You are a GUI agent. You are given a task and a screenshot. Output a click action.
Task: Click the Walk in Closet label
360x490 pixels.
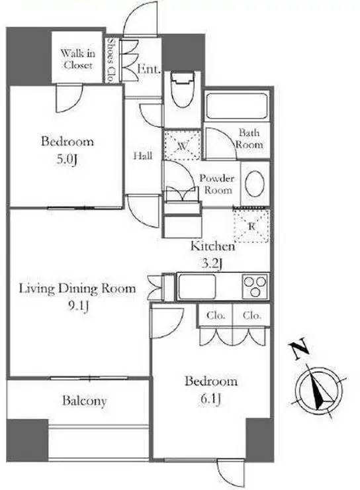click(x=77, y=59)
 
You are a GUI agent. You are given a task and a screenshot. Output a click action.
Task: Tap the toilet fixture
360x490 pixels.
click(x=182, y=89)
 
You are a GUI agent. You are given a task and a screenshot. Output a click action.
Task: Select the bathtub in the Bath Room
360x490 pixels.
click(x=237, y=106)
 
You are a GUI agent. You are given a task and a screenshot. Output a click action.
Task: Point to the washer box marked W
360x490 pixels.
click(x=183, y=145)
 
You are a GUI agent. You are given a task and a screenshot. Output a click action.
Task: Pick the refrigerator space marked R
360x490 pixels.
click(x=251, y=226)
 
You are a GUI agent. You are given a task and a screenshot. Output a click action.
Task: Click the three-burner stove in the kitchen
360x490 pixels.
click(x=255, y=286)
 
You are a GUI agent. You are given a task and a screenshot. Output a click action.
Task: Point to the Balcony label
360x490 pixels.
click(x=84, y=401)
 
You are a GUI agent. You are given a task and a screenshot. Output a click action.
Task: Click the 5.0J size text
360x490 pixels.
click(x=67, y=160)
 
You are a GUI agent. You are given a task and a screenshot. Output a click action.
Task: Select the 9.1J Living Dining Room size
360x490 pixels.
click(x=78, y=306)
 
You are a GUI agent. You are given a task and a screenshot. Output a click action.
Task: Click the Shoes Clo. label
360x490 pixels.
click(x=111, y=60)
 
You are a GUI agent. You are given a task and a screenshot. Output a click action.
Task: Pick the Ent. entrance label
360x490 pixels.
click(x=150, y=69)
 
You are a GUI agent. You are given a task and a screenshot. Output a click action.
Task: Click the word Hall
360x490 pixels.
click(x=143, y=156)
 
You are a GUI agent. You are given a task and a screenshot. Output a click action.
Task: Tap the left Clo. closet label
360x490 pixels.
click(x=216, y=316)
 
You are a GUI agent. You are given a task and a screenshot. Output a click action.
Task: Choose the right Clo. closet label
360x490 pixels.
click(x=252, y=316)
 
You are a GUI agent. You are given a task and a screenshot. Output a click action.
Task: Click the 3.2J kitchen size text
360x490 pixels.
click(x=211, y=264)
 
